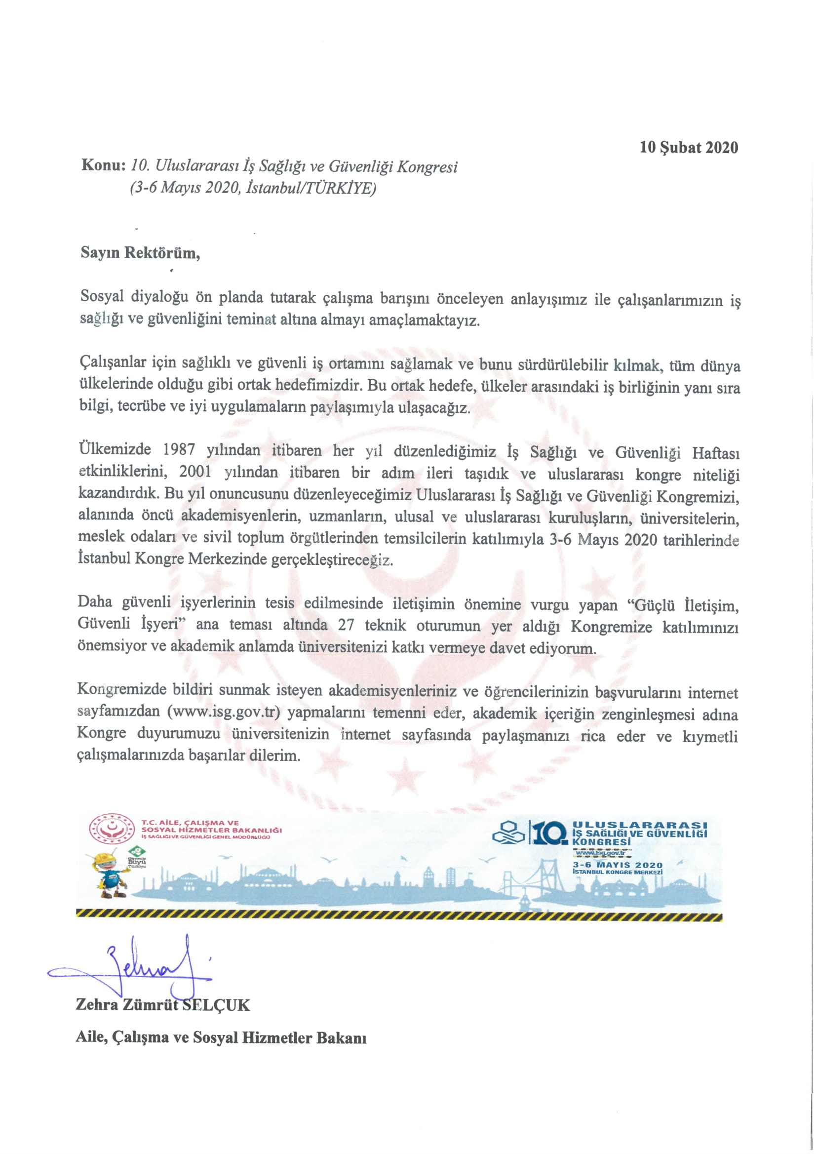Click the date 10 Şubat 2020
[688, 147]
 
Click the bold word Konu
[103, 165]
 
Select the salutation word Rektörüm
[162, 252]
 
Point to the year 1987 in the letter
[179, 449]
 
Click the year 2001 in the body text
[195, 472]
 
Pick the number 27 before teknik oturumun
[346, 625]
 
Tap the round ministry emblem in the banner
[112, 828]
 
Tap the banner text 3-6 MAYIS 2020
[618, 865]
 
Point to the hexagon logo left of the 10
[508, 834]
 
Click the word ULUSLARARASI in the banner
[640, 825]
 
